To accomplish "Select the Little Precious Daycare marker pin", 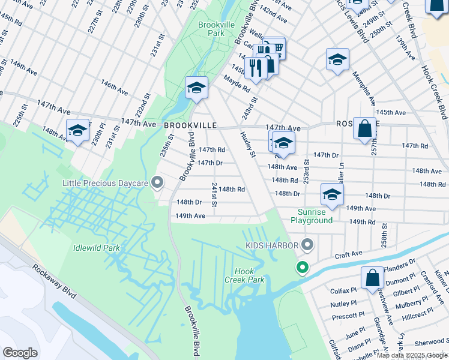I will tap(157, 181).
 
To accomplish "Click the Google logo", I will tap(20, 352).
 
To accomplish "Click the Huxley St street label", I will tap(248, 145).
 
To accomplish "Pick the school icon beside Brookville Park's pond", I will tap(196, 88).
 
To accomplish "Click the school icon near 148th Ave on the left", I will tap(77, 131).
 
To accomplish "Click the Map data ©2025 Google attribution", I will tap(412, 355).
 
